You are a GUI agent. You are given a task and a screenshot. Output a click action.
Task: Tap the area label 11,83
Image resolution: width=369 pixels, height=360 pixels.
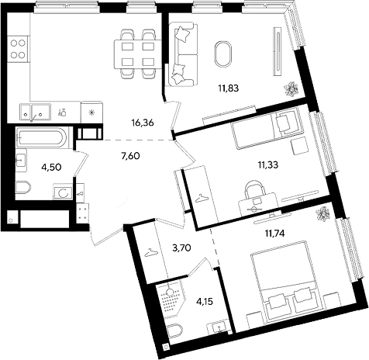tap(228, 88)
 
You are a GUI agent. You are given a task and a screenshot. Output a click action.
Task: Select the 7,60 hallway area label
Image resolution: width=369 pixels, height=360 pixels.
tap(130, 156)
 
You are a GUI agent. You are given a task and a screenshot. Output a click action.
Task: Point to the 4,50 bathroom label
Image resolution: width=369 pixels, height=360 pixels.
tap(52, 167)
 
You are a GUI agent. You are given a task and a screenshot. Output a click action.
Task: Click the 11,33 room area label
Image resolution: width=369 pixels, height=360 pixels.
tap(268, 164)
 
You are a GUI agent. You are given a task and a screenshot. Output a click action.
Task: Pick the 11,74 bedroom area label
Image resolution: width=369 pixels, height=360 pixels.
tap(274, 234)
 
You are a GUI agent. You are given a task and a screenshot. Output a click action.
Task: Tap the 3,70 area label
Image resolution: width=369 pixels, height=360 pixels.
tap(181, 248)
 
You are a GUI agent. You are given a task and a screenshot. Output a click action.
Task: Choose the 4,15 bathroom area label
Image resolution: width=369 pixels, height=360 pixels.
tap(204, 301)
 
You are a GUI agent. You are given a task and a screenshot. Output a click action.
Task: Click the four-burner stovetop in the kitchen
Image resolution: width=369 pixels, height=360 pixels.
tap(18, 49)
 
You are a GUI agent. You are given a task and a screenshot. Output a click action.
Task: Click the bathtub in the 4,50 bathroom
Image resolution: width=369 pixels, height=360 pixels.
tap(42, 137)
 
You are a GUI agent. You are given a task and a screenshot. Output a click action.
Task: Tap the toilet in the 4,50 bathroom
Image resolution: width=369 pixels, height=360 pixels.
tap(23, 187)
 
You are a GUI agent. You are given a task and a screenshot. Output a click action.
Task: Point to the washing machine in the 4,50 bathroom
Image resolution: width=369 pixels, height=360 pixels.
tap(63, 192)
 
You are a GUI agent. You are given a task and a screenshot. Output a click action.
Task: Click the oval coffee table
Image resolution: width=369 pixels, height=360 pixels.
tap(223, 54)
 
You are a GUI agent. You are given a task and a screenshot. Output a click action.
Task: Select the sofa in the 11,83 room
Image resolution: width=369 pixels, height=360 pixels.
tap(182, 54)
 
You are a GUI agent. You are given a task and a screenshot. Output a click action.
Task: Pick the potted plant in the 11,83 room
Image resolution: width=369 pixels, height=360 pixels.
tap(291, 89)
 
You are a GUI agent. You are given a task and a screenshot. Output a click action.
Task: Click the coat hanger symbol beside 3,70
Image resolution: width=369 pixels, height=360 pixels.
tap(150, 253)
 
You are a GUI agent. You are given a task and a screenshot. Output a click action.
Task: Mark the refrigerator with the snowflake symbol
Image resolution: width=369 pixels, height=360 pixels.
tap(91, 112)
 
